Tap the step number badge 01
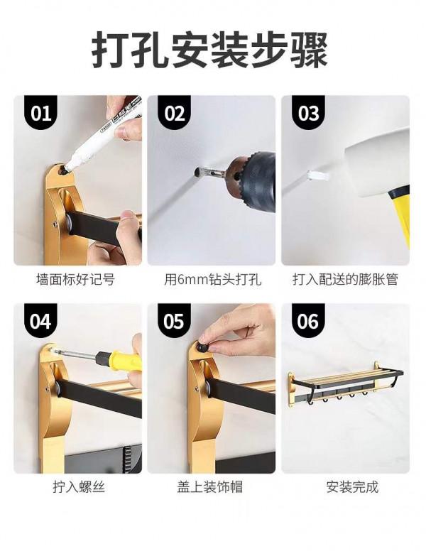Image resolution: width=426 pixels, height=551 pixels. [x=41, y=114]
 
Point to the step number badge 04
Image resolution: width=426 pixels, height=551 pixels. [x=41, y=322]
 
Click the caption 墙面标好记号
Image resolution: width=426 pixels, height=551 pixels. [x=75, y=280]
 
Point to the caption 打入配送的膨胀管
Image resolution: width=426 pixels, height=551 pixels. [x=345, y=280]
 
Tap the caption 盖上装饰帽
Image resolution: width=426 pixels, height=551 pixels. [x=211, y=488]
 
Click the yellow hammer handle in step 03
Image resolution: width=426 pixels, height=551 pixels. [x=400, y=213]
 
